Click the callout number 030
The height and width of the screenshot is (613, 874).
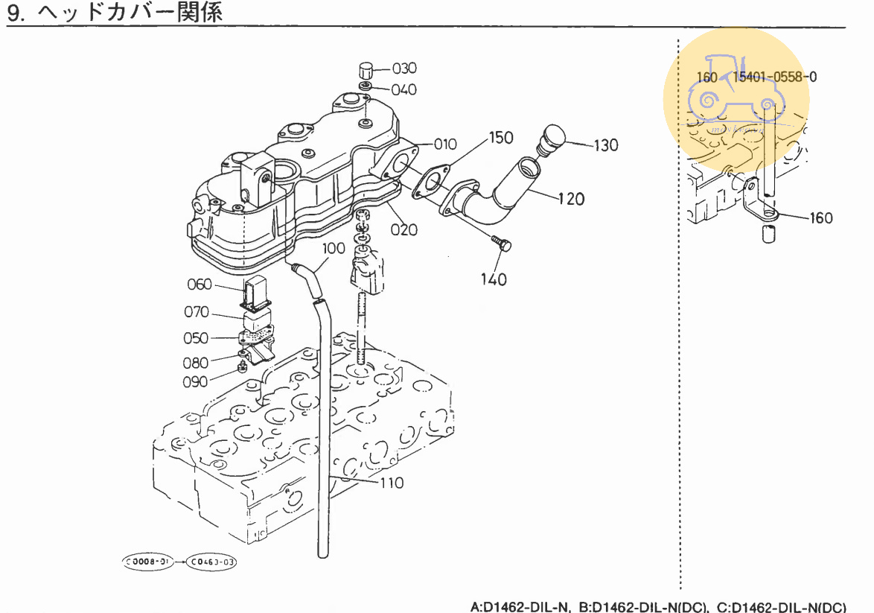pos(404,69)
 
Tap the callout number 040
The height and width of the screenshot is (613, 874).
pos(404,90)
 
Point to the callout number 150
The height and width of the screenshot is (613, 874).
pos(501,138)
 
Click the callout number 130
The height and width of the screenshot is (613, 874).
pos(606,145)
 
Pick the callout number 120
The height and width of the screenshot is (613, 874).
pos(572,199)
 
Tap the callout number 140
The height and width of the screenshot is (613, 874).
pos(494,279)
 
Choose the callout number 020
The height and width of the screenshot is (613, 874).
pos(404,229)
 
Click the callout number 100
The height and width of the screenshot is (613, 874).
pos(334,247)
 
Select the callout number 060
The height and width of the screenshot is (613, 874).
pos(200,285)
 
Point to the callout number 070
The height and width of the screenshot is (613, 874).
pos(197,312)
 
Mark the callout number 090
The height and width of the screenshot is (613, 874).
pos(195,382)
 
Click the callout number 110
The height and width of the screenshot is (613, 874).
pos(392,483)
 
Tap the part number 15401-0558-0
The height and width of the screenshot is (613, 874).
pos(774,77)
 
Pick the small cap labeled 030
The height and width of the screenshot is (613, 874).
pos(365,72)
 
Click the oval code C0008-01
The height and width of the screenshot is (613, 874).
pos(150,561)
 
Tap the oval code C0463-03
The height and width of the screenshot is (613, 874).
pos(212,561)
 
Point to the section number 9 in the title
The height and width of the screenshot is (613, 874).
pos(13,13)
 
